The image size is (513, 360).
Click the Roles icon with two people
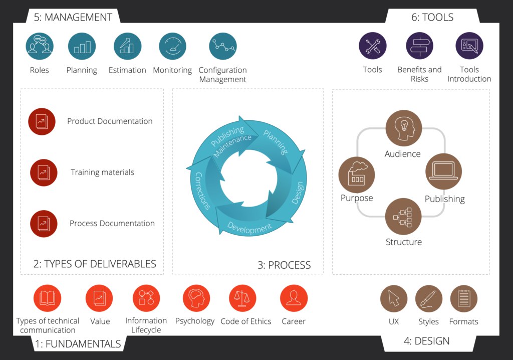40,46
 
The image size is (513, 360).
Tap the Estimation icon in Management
127,46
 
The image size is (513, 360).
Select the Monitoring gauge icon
172,46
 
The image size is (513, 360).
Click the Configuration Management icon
223,46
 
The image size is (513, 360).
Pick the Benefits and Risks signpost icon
419,46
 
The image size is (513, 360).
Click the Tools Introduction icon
469,46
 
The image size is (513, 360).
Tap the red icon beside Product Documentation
42,121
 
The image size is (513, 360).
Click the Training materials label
102,172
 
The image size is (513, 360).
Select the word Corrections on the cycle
202,191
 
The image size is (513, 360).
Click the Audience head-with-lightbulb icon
404,128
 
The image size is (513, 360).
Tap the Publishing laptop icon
444,171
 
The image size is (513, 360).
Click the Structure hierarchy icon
403,216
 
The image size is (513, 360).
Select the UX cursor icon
394,299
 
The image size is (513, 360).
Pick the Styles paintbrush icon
429,299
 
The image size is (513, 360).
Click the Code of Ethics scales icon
242,298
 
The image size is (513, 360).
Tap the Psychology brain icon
196,298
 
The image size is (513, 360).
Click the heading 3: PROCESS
284,265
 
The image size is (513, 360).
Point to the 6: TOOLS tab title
432,17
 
